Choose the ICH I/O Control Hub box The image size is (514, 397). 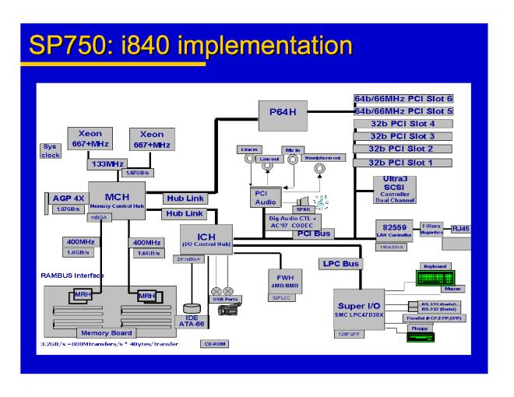click(x=204, y=240)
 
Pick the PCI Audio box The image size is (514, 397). click(x=262, y=198)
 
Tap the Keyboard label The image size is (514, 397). click(x=438, y=265)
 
